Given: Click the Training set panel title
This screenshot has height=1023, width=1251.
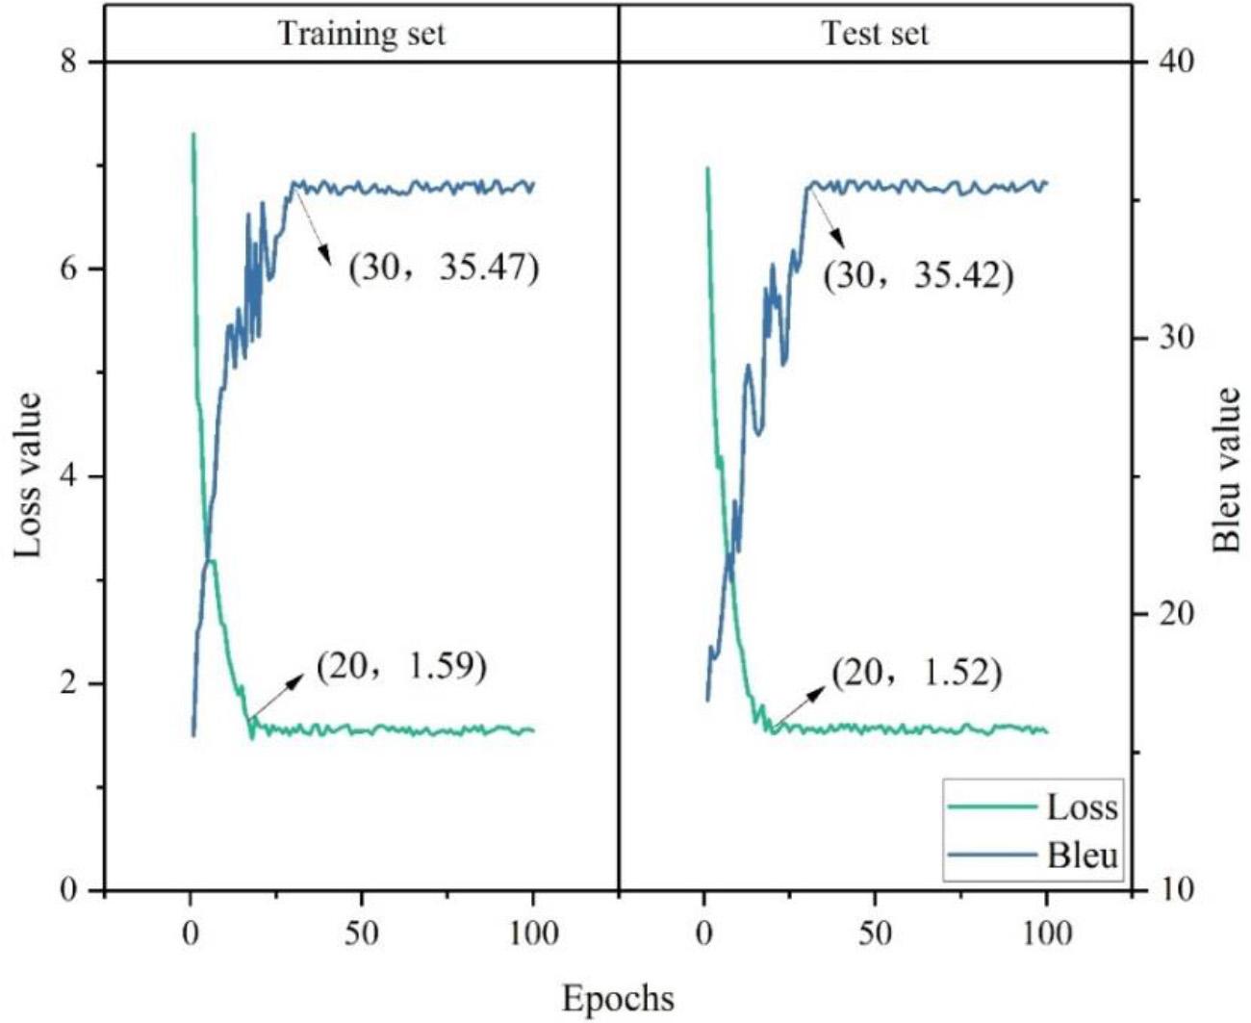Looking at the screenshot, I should click(361, 34).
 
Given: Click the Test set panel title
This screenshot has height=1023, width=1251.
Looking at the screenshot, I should click(875, 34).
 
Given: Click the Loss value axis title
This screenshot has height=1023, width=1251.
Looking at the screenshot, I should click(29, 474).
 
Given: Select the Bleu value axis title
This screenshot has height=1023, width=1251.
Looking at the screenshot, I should click(1226, 471).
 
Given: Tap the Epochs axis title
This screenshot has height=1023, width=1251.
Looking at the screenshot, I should click(618, 998).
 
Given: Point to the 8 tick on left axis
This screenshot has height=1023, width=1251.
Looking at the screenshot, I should click(67, 62).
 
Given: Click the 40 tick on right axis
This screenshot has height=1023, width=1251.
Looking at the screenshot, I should click(1171, 62).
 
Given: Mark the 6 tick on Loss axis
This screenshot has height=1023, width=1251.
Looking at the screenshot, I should click(67, 269).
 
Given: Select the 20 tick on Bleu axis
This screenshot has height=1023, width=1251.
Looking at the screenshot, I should click(1171, 614).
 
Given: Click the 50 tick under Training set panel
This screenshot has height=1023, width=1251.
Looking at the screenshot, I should click(361, 933).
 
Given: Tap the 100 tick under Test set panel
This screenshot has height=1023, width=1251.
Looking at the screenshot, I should click(1046, 933).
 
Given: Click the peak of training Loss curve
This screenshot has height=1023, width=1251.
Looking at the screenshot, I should click(193, 135).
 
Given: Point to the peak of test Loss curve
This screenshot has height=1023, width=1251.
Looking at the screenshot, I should click(707, 167).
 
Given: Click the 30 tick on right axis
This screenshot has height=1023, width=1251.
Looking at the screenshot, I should click(1171, 338).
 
